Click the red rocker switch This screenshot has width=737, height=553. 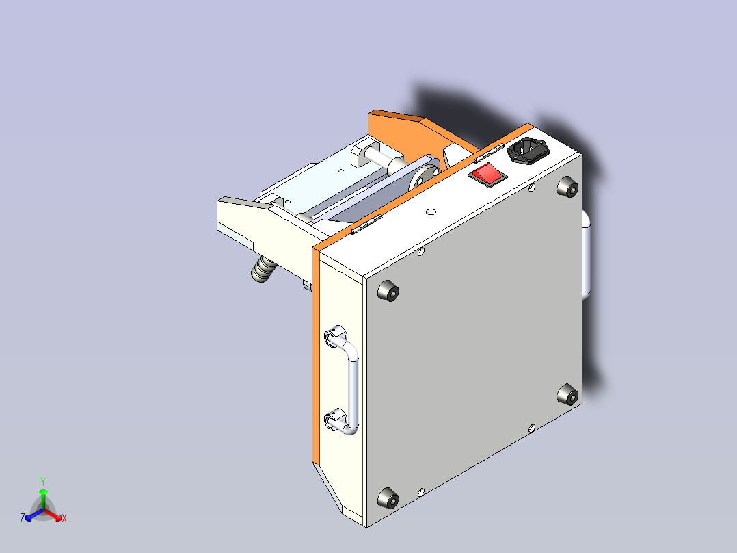(x=487, y=175)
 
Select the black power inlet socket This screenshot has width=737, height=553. (x=527, y=151)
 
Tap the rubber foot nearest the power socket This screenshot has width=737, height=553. (x=567, y=188)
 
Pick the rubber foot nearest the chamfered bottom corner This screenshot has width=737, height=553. (x=388, y=498)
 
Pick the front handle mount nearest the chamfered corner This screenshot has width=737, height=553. (x=334, y=419)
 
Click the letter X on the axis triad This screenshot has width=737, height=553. (x=64, y=519)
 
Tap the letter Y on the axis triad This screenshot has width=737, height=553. (x=43, y=481)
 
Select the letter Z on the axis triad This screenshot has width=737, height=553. (x=23, y=519)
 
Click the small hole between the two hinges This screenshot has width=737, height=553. (x=431, y=211)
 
